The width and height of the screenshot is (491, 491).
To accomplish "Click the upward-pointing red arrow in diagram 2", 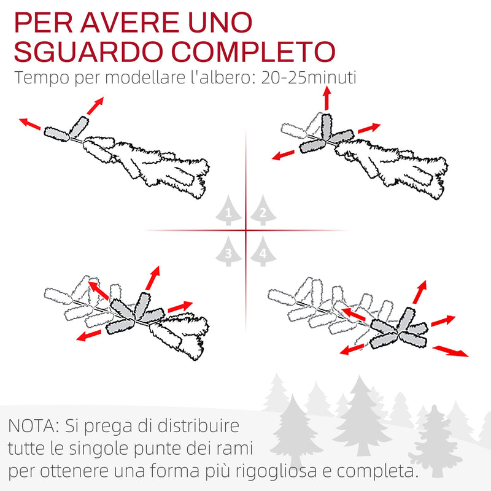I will [x=327, y=98].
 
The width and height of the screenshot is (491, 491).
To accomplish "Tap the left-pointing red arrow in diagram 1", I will [x=30, y=125].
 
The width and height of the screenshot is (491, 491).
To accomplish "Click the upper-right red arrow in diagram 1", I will [x=94, y=106].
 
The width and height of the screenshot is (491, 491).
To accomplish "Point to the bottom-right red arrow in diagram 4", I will [x=451, y=351].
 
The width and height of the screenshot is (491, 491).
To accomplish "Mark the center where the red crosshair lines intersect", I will [x=245, y=231].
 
